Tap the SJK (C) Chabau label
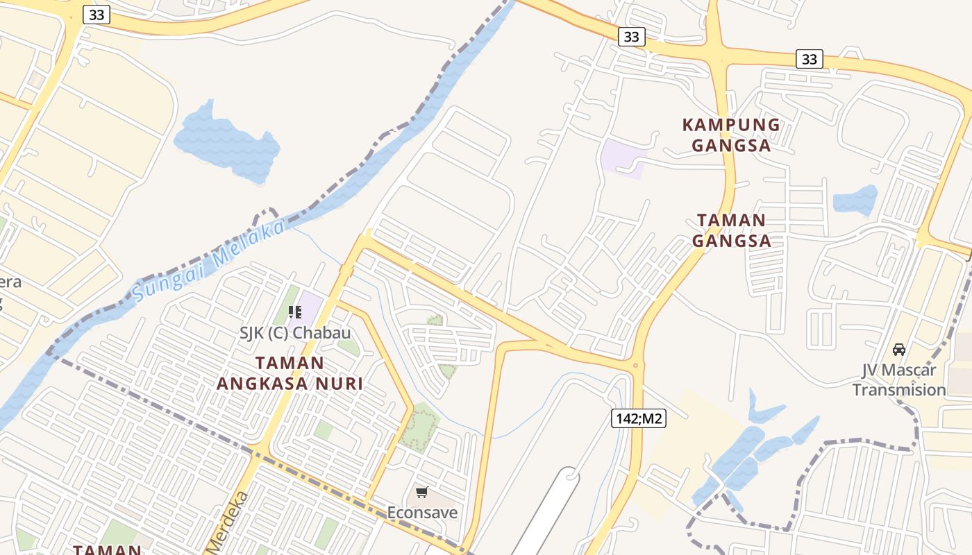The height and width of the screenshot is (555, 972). [295, 332]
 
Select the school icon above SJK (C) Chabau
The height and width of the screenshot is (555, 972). [295, 312]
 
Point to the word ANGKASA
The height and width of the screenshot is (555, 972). [263, 384]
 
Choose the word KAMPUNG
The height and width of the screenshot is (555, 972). [731, 125]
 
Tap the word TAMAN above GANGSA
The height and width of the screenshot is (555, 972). [731, 221]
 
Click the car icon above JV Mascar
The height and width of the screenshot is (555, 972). [899, 349]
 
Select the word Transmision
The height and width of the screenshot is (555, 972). [899, 390]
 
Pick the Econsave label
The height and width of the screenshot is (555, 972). [422, 513]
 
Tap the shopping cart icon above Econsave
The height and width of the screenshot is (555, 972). [421, 493]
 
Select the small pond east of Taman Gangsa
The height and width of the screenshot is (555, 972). [855, 200]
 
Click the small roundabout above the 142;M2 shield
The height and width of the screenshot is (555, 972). [635, 365]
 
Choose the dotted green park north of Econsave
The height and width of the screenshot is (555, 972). [419, 427]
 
